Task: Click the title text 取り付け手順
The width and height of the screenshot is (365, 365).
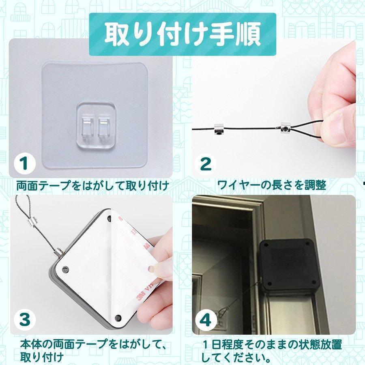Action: (182, 34)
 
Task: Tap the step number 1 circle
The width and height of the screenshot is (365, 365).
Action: (25, 163)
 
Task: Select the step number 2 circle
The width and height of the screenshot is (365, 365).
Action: (206, 164)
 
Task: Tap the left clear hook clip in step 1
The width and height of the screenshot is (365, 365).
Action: (87, 128)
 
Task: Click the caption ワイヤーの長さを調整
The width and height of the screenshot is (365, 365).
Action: (271, 185)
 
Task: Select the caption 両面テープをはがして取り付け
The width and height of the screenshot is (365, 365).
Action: (92, 186)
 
